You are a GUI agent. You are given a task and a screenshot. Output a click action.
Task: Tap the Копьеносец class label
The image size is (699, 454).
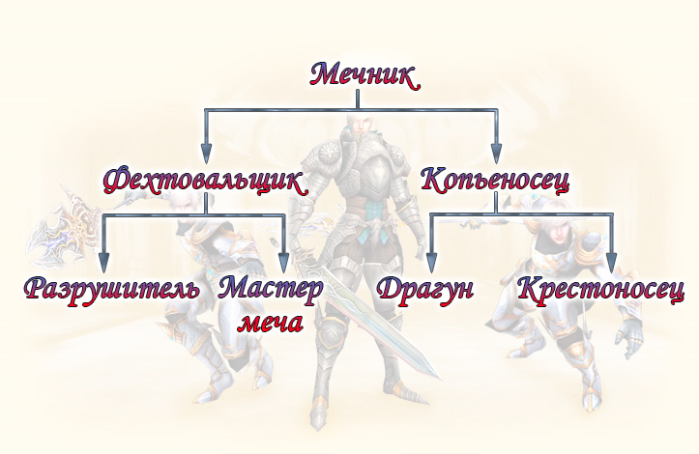coord(495,179)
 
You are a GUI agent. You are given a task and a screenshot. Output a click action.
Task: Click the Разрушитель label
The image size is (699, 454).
coord(112,288)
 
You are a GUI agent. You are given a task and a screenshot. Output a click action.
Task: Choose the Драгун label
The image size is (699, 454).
coord(425,288)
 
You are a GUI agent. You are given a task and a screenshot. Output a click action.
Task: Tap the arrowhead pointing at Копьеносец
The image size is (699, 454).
coord(496,153)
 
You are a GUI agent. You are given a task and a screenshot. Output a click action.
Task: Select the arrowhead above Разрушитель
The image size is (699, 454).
coord(104,261)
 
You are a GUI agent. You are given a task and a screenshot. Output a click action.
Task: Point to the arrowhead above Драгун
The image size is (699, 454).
coord(431,261)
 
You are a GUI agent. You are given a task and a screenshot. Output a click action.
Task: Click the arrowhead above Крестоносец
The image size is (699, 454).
coord(610,261)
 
